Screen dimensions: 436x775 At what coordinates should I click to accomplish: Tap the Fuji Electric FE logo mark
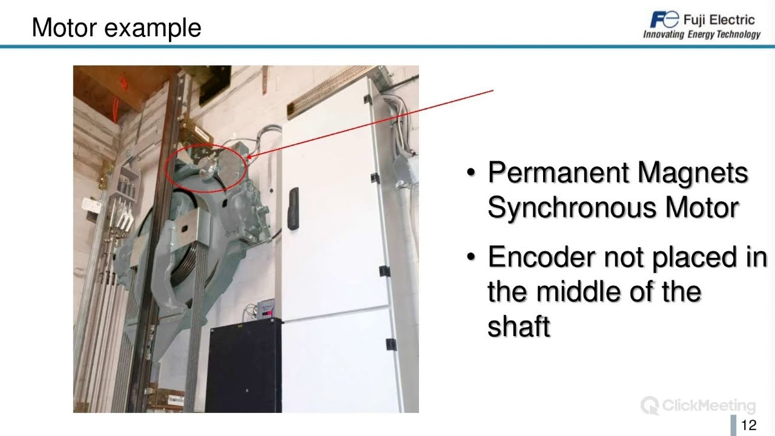[x=664, y=19]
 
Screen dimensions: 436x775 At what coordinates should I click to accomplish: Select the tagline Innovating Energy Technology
[x=702, y=35]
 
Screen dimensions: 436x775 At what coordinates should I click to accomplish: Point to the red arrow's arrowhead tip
[x=248, y=159]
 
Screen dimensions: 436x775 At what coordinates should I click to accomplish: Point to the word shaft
[x=519, y=327]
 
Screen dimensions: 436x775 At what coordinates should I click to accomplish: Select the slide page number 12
[x=749, y=425]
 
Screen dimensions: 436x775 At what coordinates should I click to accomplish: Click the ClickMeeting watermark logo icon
[x=650, y=405]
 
